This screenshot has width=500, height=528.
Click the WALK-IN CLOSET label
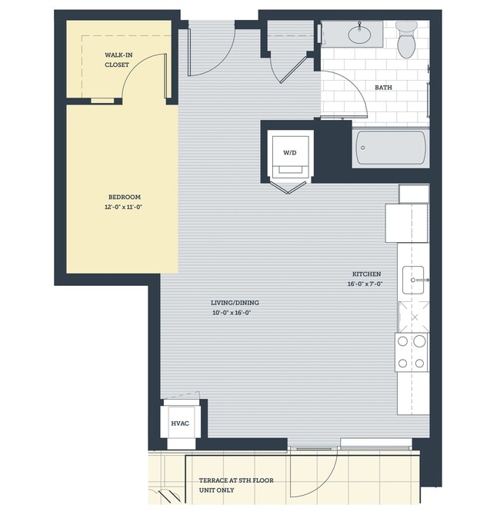118,60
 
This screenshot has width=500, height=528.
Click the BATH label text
383,88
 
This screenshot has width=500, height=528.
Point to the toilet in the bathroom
406,40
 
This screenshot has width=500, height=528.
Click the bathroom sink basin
358,34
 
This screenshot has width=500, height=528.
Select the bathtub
390,148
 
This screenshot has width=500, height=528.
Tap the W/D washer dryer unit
289,153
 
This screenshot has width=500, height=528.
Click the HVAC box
179,423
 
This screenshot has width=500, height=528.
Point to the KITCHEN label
366,274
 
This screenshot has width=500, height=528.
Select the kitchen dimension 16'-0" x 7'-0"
366,284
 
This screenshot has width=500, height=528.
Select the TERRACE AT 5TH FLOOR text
231,480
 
